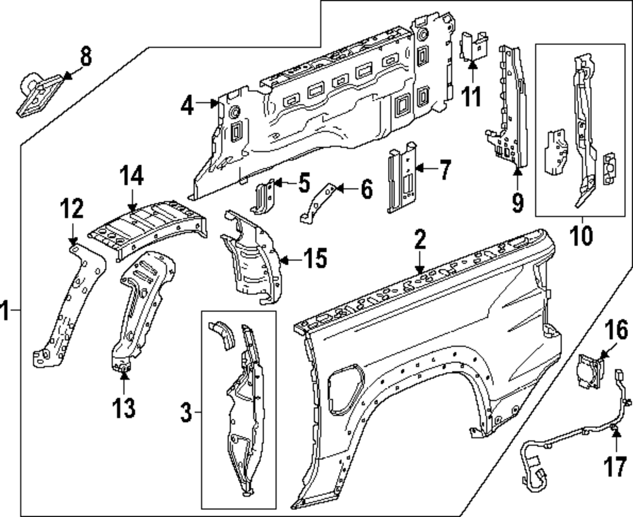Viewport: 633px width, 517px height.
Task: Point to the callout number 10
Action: click(x=582, y=235)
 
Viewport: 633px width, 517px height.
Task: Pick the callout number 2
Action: click(x=420, y=240)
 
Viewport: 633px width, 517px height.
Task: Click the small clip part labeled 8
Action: click(x=38, y=94)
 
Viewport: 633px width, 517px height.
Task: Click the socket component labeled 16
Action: click(x=589, y=367)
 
